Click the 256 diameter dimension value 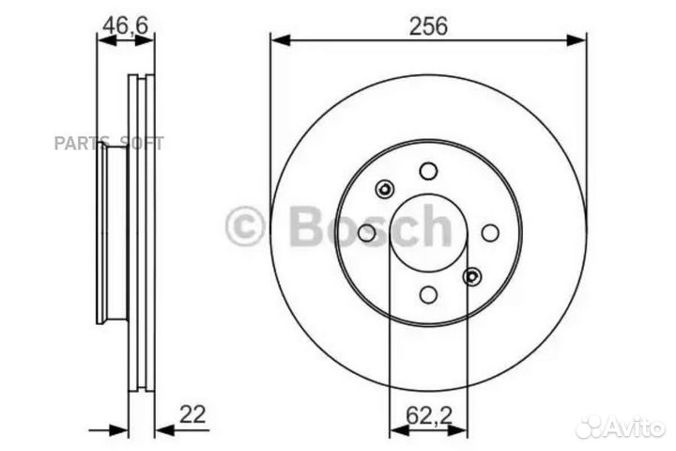pyautogui.click(x=428, y=26)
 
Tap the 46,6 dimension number pyautogui.click(x=126, y=25)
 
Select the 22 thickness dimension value pyautogui.click(x=192, y=414)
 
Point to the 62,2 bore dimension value pyautogui.click(x=429, y=415)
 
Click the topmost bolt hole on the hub pyautogui.click(x=428, y=171)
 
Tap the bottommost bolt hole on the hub pyautogui.click(x=428, y=295)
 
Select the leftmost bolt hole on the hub pyautogui.click(x=367, y=233)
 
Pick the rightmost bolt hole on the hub pyautogui.click(x=490, y=233)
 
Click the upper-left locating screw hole pyautogui.click(x=385, y=189)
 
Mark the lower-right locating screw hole pyautogui.click(x=472, y=276)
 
